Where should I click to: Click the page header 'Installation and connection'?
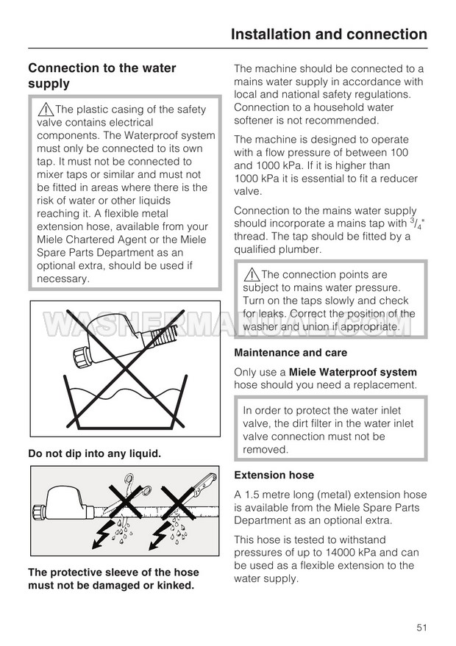point(328,34)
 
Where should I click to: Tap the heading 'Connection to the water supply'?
point(101,76)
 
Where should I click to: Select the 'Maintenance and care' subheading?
point(291,353)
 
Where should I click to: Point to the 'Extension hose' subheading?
point(274,475)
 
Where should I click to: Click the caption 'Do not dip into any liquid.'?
point(94,454)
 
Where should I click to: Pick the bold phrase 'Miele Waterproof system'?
point(353,372)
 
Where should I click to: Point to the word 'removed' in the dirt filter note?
point(265,450)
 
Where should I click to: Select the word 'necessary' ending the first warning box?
point(63,279)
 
